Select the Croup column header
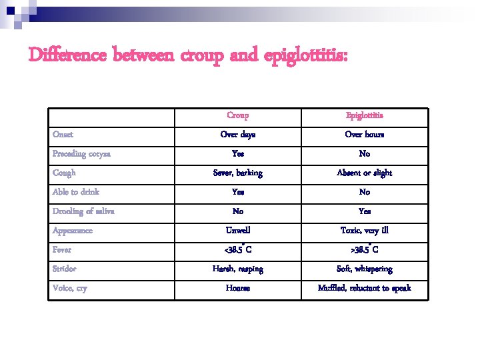237,115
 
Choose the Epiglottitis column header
365,115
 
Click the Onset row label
64,135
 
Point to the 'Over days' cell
237,135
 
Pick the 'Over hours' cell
365,135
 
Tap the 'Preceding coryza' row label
81,154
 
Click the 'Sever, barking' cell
237,173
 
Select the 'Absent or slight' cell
365,173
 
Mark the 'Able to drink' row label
76,192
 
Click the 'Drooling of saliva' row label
84,211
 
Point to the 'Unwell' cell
237,231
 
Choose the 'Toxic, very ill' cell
365,231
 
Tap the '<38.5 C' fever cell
237,250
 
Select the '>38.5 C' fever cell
365,250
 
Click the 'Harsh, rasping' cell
237,269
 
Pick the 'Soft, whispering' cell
365,269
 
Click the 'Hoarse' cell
237,289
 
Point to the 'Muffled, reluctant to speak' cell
365,289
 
